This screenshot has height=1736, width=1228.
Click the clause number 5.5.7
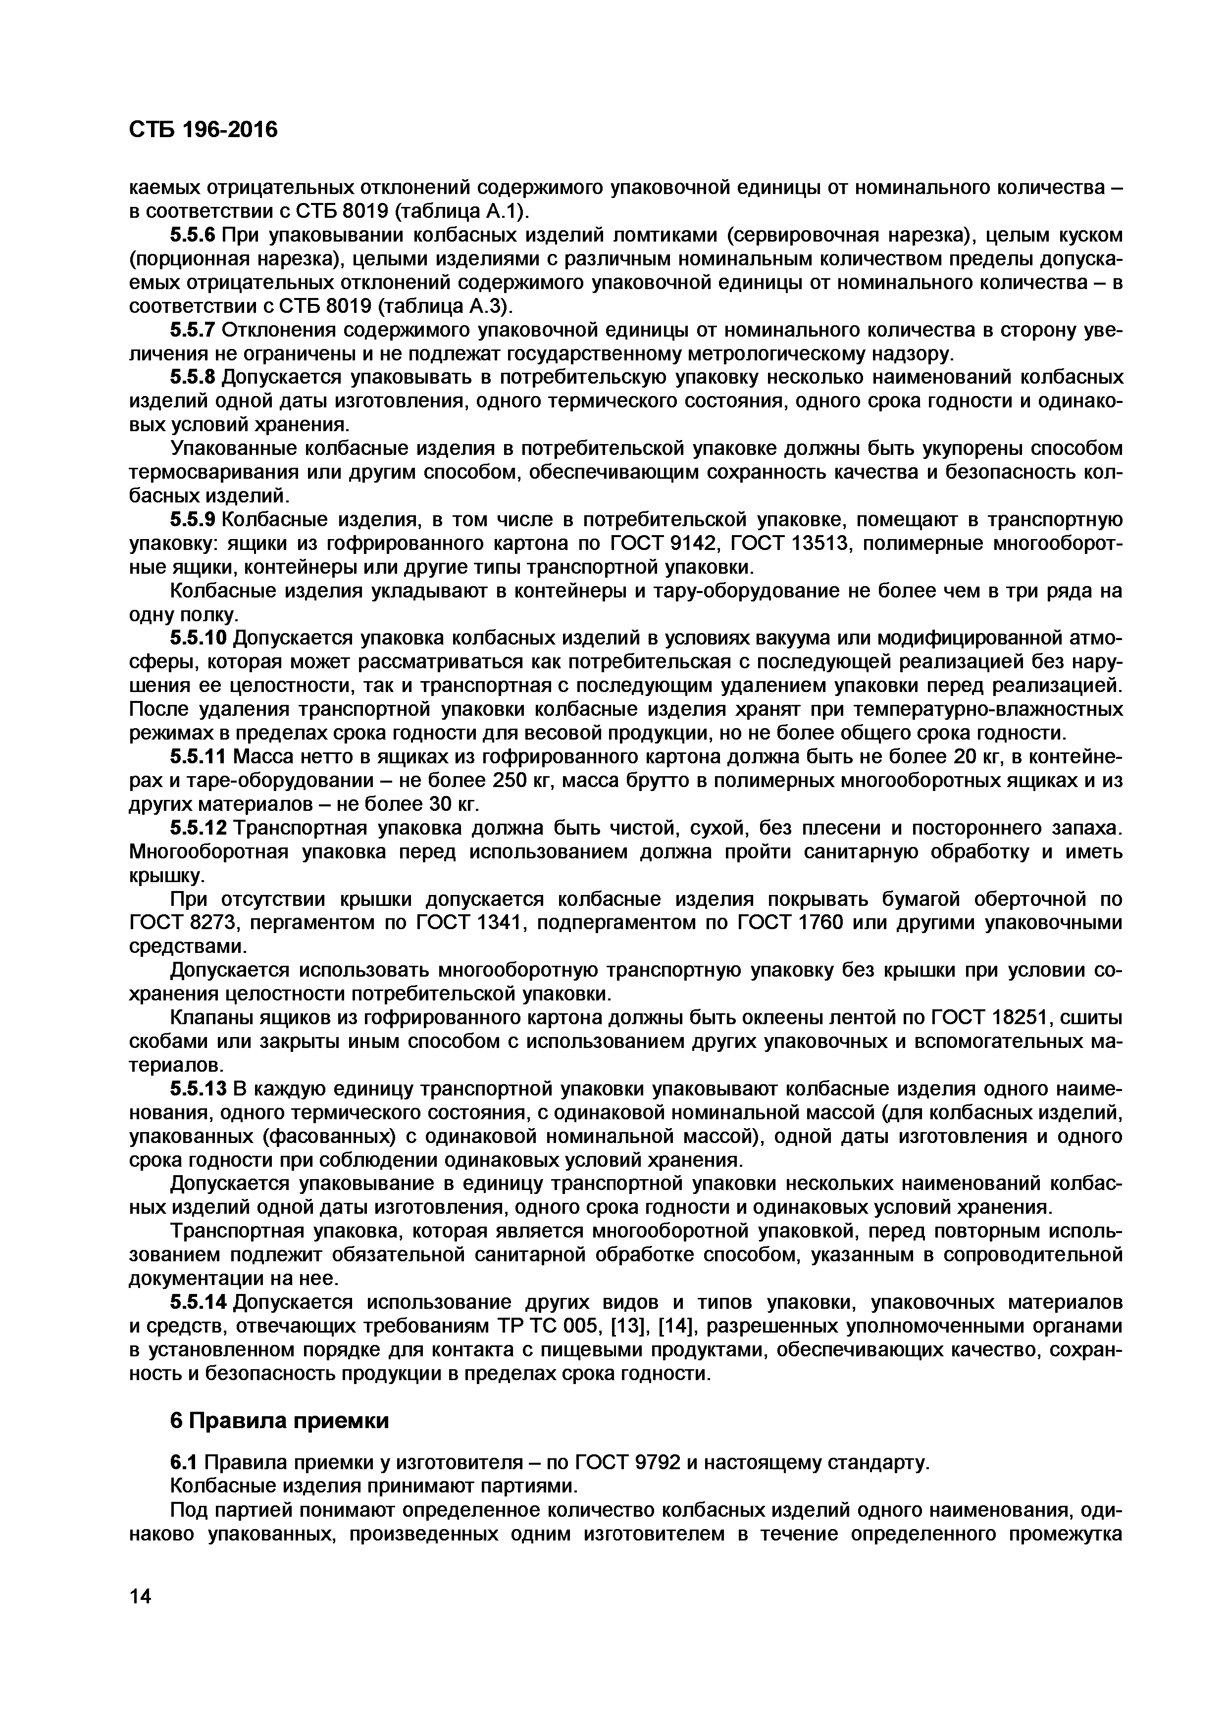193,330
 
